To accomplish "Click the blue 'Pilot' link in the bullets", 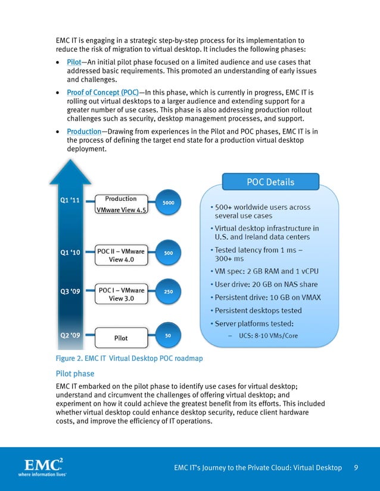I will [74, 62].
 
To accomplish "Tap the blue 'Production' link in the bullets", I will [84, 131].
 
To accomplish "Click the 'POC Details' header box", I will [270, 182].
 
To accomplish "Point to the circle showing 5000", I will [168, 203].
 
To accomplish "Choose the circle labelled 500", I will [168, 253].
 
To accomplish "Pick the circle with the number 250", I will [168, 292].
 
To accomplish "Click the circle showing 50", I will [168, 335].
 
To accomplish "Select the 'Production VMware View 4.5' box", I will [121, 204].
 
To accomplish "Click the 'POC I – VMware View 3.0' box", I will [121, 294].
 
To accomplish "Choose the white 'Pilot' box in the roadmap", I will [121, 338].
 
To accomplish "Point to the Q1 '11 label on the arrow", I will [70, 200].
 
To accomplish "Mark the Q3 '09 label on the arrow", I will [70, 291].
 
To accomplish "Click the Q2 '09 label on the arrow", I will [70, 335].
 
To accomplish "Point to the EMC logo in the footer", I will [42, 467].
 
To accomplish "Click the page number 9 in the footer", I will [356, 468].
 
